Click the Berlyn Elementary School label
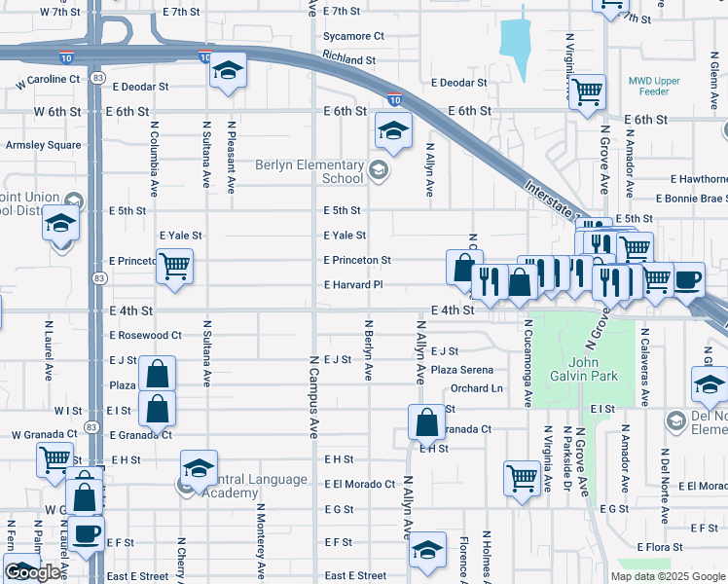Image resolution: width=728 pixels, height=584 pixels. [x=309, y=171]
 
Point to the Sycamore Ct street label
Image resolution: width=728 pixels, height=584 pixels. [x=353, y=36]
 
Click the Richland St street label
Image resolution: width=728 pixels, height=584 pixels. [x=348, y=59]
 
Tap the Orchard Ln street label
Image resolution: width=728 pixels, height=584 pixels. [x=477, y=388]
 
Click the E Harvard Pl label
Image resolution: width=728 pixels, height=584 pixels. [x=353, y=285]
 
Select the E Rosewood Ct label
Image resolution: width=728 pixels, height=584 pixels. [x=145, y=335]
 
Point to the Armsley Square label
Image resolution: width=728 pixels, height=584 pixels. [x=44, y=145]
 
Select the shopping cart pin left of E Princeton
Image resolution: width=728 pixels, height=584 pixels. [x=174, y=264]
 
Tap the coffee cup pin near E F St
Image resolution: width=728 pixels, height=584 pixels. [x=86, y=533]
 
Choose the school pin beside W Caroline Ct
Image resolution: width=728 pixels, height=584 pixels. [x=228, y=70]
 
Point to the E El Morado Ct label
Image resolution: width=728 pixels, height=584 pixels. [x=359, y=484]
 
